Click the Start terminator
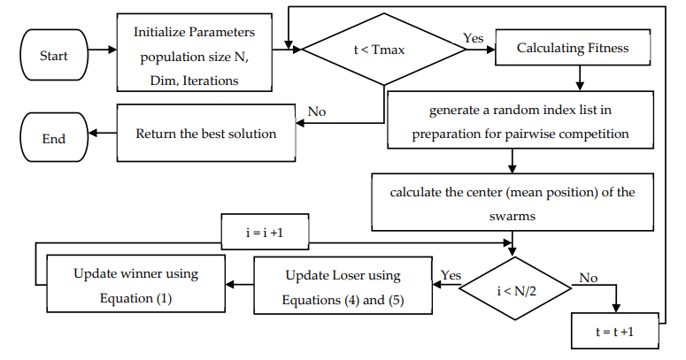[53, 56]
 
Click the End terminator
[53, 139]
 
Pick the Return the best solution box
[205, 134]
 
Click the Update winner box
[135, 286]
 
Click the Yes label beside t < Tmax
[474, 38]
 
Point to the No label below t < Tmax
[318, 111]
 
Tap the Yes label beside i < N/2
[451, 275]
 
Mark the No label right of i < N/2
[588, 278]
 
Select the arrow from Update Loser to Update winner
[239, 285]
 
